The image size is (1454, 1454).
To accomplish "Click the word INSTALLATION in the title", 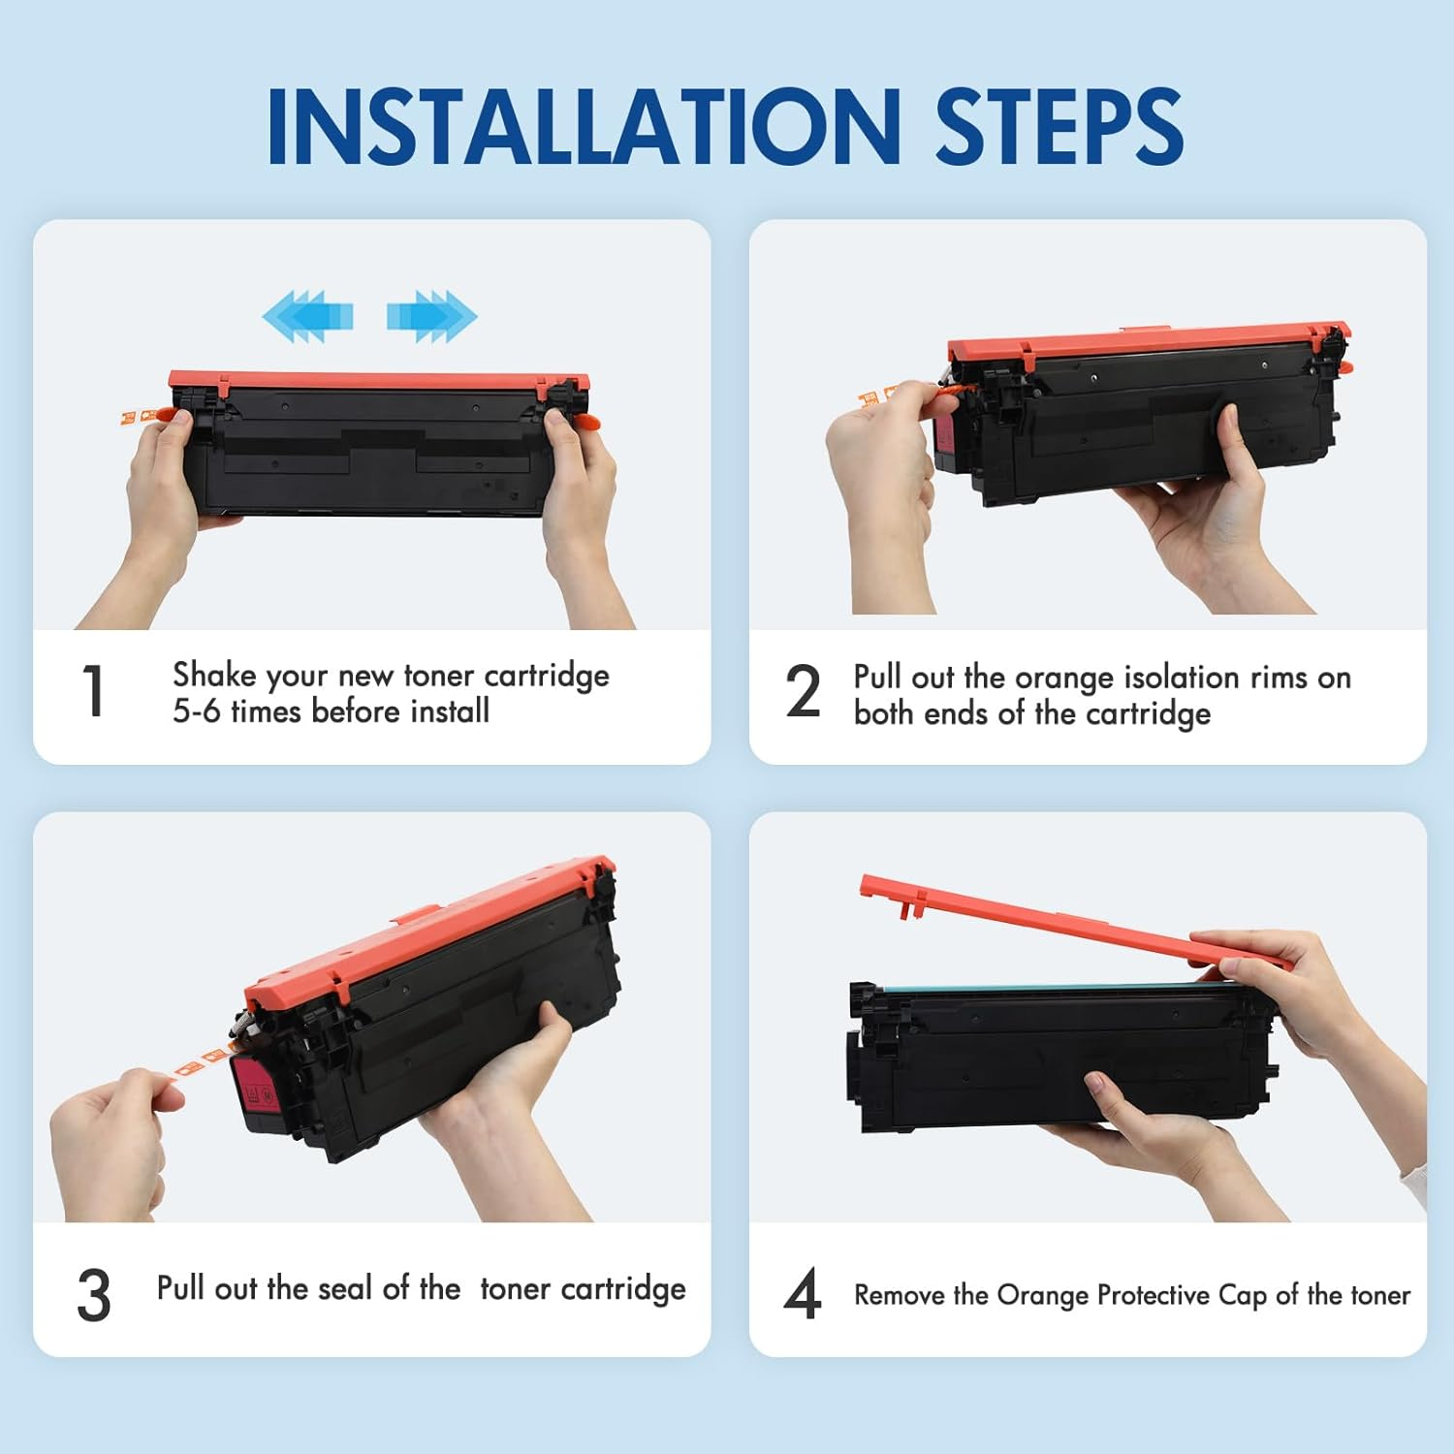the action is click(x=585, y=127).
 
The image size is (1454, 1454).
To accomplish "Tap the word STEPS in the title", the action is click(x=1059, y=127).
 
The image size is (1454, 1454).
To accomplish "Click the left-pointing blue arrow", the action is click(x=307, y=316).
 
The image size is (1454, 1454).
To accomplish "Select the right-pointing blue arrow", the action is click(x=432, y=316).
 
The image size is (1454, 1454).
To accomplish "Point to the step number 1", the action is click(x=93, y=691).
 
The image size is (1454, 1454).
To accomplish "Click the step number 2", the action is click(x=803, y=691).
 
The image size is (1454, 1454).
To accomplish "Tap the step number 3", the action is click(x=94, y=1295).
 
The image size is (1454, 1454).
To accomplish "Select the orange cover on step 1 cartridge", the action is click(x=379, y=384).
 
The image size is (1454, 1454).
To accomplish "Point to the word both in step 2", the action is click(x=883, y=713).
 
